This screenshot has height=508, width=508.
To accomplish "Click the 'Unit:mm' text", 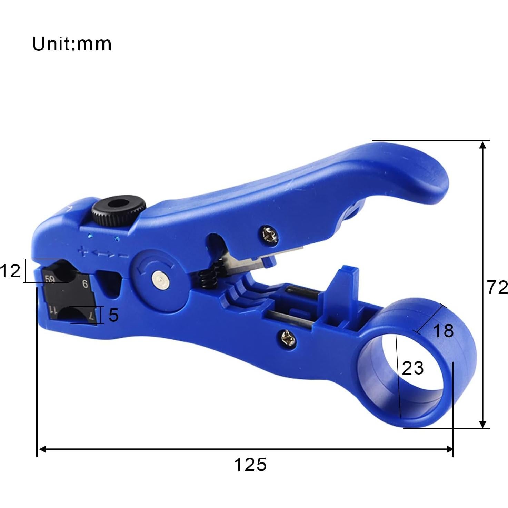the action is click(x=72, y=44).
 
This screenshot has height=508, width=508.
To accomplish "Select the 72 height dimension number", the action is click(x=497, y=287).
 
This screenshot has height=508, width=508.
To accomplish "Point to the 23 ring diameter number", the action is click(x=412, y=368).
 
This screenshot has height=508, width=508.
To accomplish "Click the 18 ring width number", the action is click(x=443, y=331).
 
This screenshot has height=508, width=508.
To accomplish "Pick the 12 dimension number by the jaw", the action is click(x=10, y=271).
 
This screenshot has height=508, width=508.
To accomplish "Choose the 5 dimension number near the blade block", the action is click(x=113, y=315).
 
